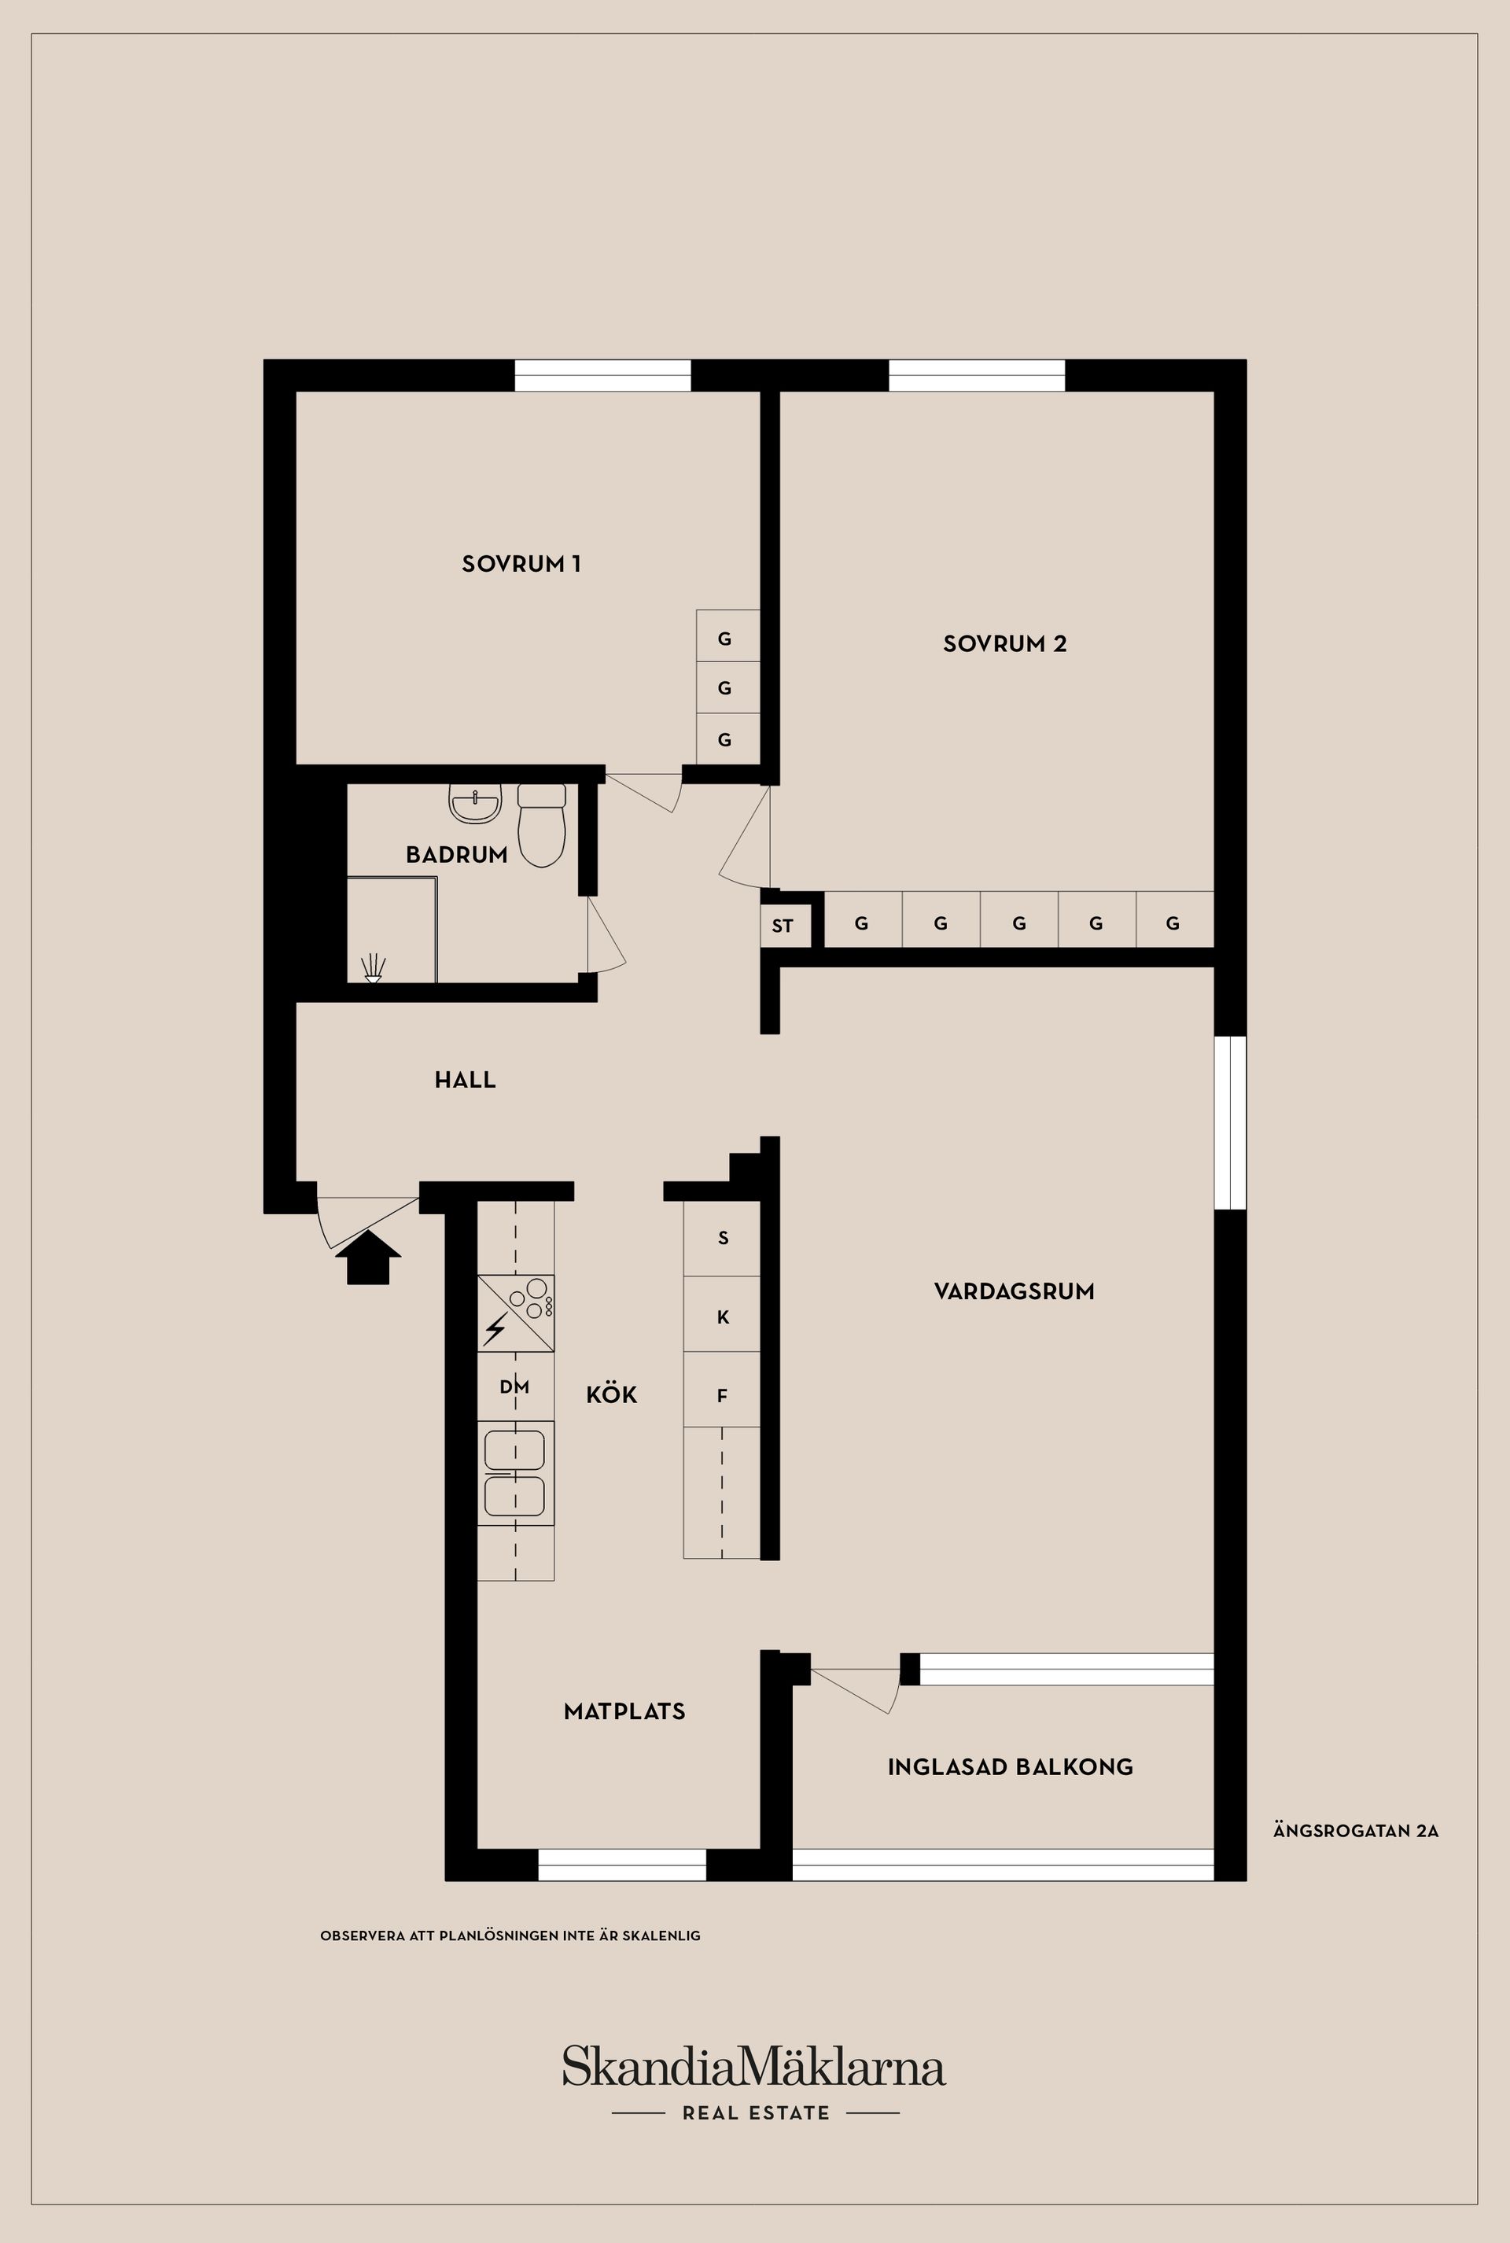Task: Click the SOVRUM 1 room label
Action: [521, 563]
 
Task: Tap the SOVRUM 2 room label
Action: [1004, 643]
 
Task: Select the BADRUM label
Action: [456, 854]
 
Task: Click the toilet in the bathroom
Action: [541, 827]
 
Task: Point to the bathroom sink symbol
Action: [476, 805]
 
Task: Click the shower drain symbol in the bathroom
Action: [373, 969]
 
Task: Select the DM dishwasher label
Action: [514, 1387]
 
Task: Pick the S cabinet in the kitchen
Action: [722, 1239]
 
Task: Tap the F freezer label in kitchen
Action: [722, 1395]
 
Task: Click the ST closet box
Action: [782, 926]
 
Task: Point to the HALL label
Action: [465, 1080]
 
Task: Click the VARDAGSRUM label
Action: [1014, 1291]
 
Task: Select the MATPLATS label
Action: [624, 1711]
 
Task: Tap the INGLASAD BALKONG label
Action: [1010, 1766]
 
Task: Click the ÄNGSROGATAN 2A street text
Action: [1355, 1831]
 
